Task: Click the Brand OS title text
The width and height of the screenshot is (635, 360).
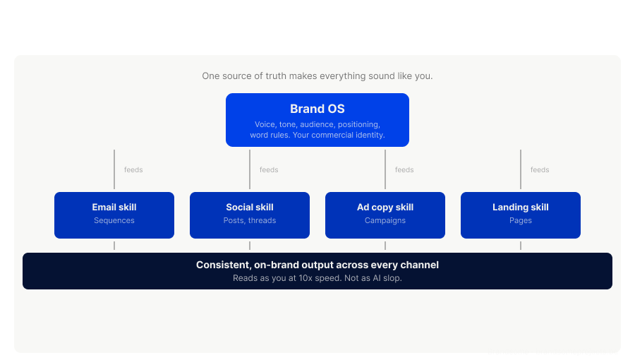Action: pos(317,109)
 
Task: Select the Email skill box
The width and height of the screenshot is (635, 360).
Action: pos(114,215)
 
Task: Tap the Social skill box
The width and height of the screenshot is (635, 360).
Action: pos(250,215)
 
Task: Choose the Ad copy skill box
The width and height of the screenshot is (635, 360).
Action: pos(385,215)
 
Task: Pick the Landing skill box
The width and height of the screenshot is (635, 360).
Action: pos(521,215)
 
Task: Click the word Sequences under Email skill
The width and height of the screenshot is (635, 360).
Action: pos(114,221)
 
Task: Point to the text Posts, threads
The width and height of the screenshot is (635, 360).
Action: pos(250,221)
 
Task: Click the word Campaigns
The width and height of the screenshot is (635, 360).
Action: pos(385,221)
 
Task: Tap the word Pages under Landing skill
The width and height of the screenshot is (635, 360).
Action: pos(521,221)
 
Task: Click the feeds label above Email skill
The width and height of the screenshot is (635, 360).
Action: pos(133,170)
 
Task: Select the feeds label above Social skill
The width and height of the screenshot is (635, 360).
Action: pos(269,170)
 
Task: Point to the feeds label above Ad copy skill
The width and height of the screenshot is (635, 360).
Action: pos(404,170)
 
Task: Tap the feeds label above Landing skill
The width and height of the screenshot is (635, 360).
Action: pos(540,170)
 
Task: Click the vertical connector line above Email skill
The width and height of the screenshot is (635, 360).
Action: pos(114,169)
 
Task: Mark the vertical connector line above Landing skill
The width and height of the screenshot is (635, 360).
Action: pos(521,169)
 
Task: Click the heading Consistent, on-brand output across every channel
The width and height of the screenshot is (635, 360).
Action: pos(317,265)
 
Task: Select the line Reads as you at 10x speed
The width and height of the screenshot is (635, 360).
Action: pos(317,278)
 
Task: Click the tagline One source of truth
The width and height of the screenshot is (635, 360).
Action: pos(317,76)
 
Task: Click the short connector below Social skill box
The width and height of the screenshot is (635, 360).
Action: pos(250,246)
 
